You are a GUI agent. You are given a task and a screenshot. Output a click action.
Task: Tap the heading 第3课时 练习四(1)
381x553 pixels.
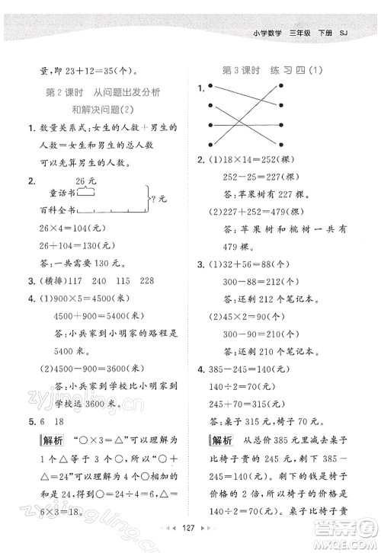(272, 71)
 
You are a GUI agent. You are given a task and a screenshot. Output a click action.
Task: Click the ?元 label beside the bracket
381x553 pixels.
(160, 200)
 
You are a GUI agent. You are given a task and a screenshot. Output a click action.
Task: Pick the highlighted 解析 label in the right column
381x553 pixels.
(222, 441)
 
